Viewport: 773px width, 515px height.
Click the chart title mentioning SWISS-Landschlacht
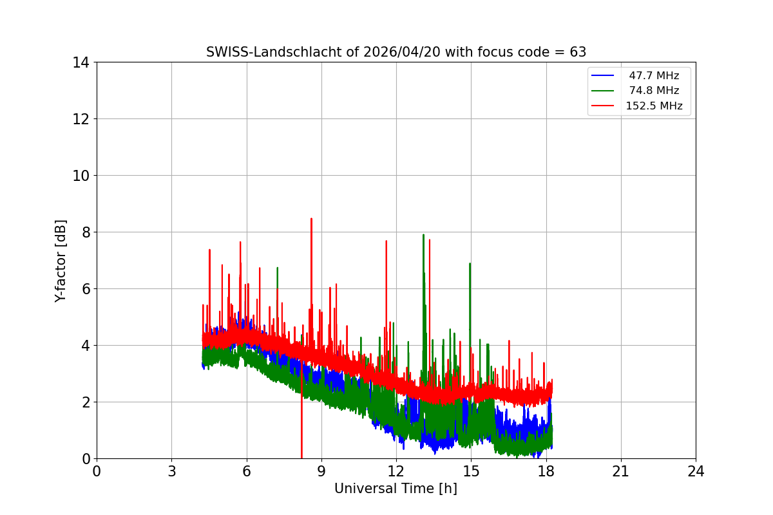click(x=396, y=52)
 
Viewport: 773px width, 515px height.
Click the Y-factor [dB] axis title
click(x=61, y=260)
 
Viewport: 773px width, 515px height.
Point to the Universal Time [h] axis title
click(x=396, y=489)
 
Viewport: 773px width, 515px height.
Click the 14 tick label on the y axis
click(x=81, y=62)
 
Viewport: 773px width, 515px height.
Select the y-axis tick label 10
click(x=81, y=176)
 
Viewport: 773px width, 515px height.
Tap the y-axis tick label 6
click(x=85, y=289)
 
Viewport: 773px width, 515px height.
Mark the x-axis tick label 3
click(x=171, y=471)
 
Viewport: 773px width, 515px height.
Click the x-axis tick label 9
click(x=321, y=471)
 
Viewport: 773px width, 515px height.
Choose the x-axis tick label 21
click(x=621, y=471)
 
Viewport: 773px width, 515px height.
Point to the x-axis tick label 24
click(x=696, y=471)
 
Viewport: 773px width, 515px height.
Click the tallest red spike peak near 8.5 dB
click(x=311, y=219)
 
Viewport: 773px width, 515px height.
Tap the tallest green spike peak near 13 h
click(x=423, y=235)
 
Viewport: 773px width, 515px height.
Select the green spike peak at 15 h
click(x=470, y=263)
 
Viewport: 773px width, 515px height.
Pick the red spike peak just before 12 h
click(x=386, y=241)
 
